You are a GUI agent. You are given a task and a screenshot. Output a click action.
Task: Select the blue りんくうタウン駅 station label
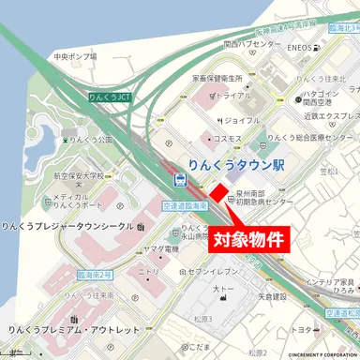pos(233,164)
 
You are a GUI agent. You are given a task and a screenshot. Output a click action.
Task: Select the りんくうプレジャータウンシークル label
pos(67,227)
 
